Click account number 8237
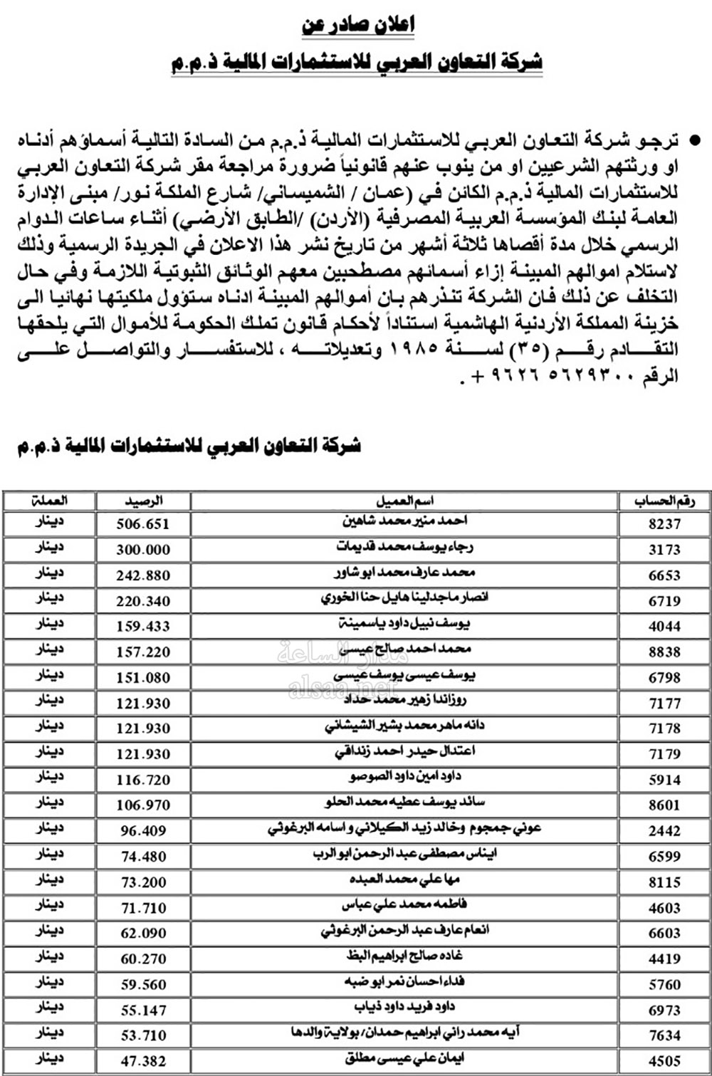coord(664,524)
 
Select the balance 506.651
coord(143,524)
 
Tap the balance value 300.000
coord(143,550)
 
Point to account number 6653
coord(664,575)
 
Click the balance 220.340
coord(143,601)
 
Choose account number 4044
coord(664,627)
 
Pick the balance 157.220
coord(143,652)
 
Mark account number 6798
coord(664,678)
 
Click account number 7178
coord(664,728)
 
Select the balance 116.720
coord(143,780)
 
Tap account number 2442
coord(664,831)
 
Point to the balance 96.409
coord(143,831)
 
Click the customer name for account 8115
coord(404,880)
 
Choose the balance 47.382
coord(143,1061)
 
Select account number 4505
coord(664,1061)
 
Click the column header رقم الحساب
coord(664,501)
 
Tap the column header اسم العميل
coord(404,501)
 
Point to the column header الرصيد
coord(143,501)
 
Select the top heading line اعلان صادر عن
coord(358,26)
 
